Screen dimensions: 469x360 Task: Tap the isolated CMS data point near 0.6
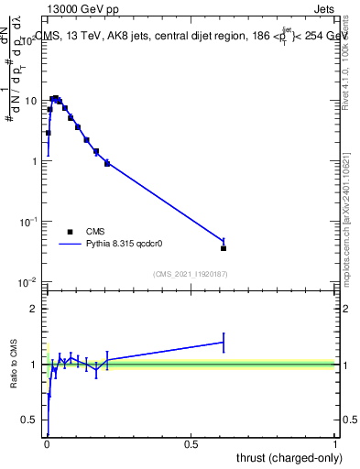point(224,248)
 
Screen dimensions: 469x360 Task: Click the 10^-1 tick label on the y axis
point(31,222)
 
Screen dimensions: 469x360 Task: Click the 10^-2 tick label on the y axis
point(31,282)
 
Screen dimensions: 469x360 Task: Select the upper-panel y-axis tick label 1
point(35,161)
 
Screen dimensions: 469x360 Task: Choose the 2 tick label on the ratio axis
point(35,309)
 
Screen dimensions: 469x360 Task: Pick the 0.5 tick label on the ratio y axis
point(30,420)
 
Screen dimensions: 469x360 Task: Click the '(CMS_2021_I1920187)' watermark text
point(191,274)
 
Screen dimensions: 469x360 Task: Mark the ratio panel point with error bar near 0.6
point(224,343)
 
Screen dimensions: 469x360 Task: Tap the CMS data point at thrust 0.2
point(107,163)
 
